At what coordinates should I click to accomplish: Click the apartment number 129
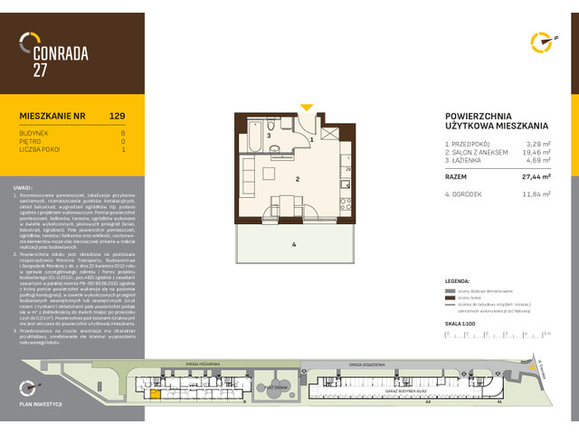117,116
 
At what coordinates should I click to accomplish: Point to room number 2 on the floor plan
296,179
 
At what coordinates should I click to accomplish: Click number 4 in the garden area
294,243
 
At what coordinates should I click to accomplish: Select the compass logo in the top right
541,42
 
